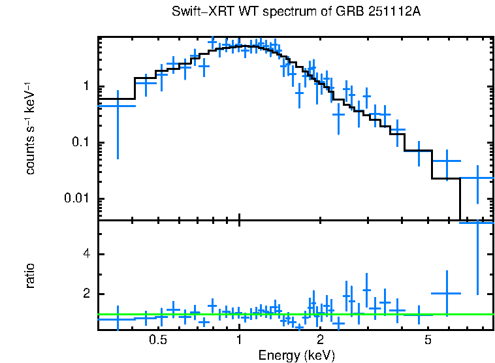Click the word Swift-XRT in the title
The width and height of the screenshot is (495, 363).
(x=199, y=12)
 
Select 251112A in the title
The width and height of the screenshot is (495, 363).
(x=392, y=12)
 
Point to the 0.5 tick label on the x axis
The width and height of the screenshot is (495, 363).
(x=157, y=341)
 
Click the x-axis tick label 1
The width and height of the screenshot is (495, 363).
(x=240, y=341)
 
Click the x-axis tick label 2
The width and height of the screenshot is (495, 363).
(x=320, y=341)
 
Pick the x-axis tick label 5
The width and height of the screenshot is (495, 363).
(x=428, y=341)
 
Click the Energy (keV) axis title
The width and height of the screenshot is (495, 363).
(x=296, y=355)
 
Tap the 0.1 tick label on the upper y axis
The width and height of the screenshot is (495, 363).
(x=82, y=143)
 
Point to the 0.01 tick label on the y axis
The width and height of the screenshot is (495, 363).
(x=79, y=198)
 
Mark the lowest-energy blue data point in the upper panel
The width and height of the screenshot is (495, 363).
(x=118, y=106)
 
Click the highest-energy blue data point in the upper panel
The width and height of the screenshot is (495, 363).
(x=477, y=178)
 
